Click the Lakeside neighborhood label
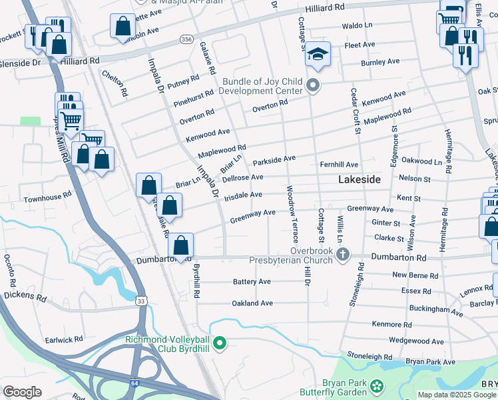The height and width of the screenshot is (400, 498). point(360,180)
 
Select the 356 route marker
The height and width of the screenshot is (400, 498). point(188,40)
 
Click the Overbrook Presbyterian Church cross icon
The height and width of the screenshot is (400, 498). point(343,254)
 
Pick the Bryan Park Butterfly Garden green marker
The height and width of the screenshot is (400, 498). point(377,385)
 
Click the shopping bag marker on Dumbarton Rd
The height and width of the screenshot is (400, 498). point(180,245)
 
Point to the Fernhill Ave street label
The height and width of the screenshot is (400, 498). point(339,165)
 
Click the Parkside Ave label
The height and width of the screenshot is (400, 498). point(274,161)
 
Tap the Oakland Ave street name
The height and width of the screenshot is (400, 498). point(252,303)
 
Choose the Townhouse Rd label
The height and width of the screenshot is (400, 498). point(47,198)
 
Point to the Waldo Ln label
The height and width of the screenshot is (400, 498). point(357,25)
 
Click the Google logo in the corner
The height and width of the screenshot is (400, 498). point(22,391)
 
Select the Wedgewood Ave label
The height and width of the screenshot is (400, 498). point(416,341)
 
